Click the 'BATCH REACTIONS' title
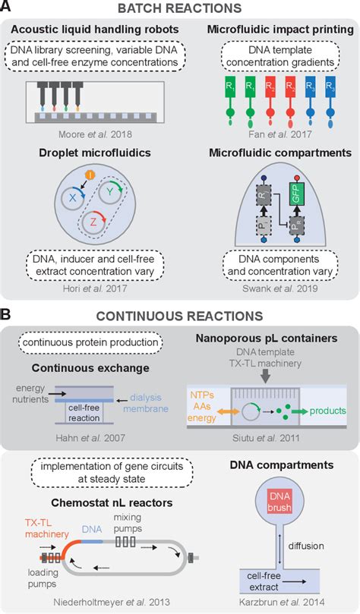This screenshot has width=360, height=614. click(x=179, y=10)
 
